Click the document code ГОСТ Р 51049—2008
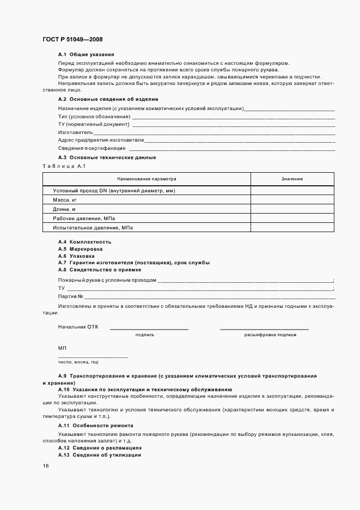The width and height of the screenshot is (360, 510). coord(72,39)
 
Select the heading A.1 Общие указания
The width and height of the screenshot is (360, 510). coord(86,55)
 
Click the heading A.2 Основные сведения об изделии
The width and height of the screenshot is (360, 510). coord(108,99)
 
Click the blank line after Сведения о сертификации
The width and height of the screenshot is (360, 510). coord(231,148)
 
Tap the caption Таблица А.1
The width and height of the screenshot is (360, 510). coord(64,166)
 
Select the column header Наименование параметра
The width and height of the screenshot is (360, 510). coord(147,179)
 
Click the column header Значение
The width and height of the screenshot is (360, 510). coord(292,179)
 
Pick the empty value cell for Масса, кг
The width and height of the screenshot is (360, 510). coord(292,200)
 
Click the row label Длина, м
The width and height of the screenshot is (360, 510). coord(64,209)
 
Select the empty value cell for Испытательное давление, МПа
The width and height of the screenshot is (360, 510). coord(292,228)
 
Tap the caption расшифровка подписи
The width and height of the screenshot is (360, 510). coord(270,335)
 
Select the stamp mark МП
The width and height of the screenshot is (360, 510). coord(62,348)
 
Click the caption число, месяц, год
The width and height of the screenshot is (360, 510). coord(78,362)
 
